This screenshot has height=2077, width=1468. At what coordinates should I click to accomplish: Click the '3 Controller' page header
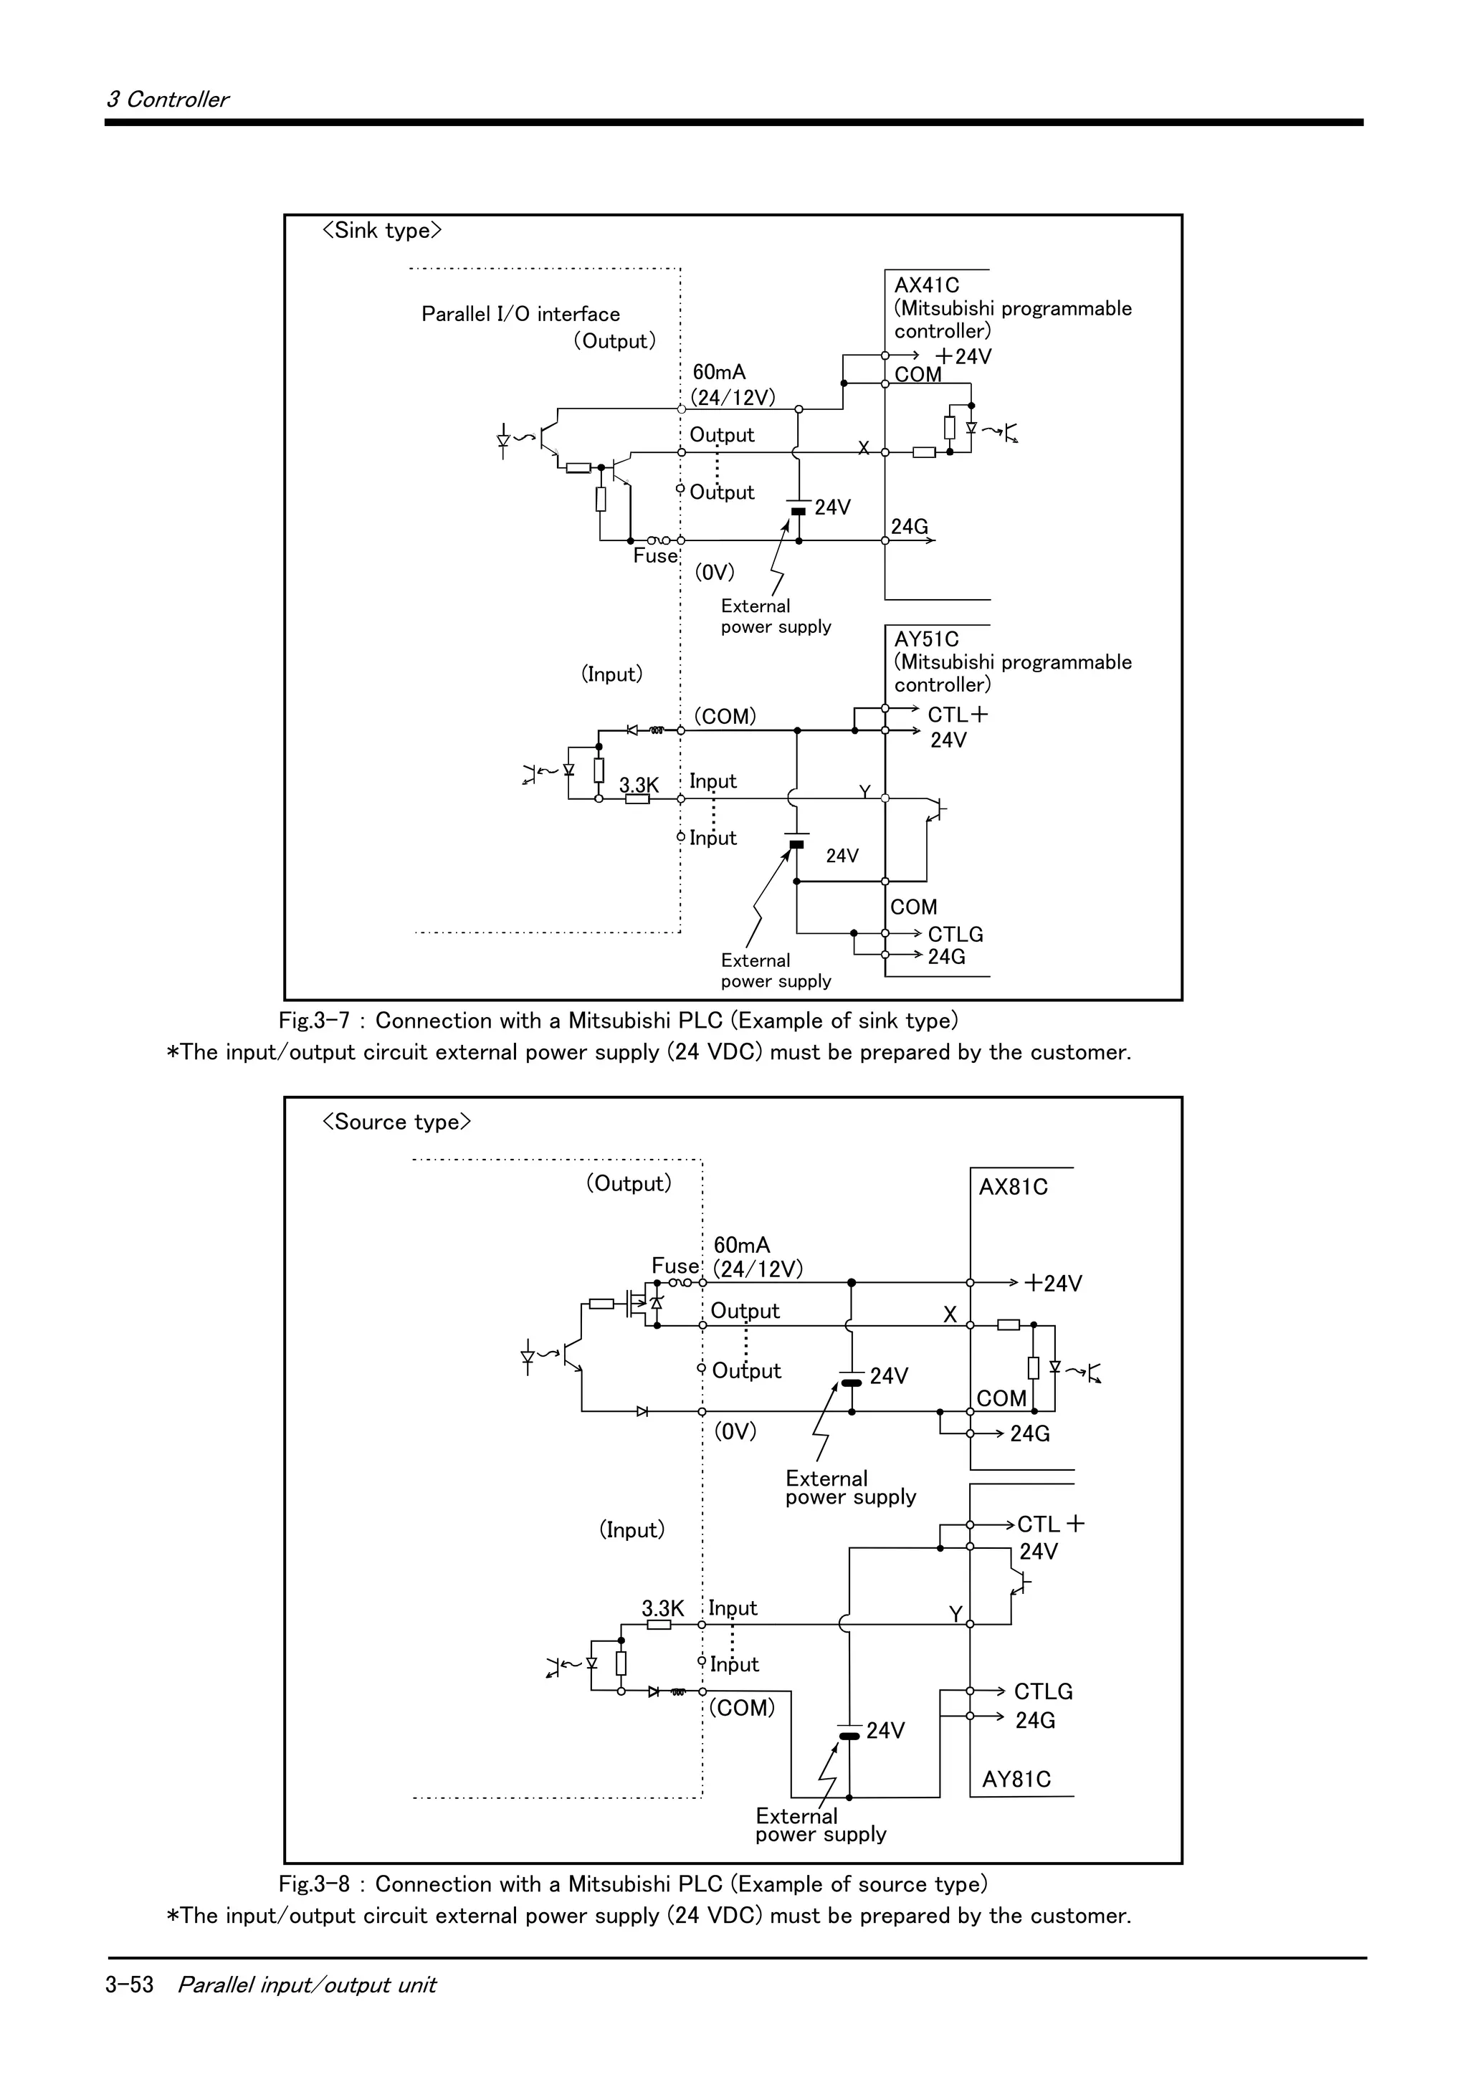point(167,100)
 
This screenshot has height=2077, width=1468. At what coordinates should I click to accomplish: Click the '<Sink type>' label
point(382,231)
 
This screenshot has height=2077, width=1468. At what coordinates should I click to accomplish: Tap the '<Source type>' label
point(396,1122)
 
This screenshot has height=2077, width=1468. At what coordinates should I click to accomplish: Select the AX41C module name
point(926,285)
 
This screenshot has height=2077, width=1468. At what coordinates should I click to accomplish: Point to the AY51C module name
point(926,639)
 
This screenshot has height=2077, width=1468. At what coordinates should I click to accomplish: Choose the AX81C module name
point(1013,1187)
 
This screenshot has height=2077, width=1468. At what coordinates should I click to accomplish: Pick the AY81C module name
point(1016,1780)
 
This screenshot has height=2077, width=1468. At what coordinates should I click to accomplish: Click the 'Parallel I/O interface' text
point(520,314)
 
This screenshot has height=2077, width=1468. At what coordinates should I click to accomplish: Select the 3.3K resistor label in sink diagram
point(639,784)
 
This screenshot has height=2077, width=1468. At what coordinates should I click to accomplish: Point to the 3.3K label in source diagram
point(662,1608)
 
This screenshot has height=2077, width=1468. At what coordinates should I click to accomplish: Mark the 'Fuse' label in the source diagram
point(675,1266)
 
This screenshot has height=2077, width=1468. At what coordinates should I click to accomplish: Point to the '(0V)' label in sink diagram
point(715,573)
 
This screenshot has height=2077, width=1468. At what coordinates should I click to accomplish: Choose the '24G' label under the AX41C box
point(909,527)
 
